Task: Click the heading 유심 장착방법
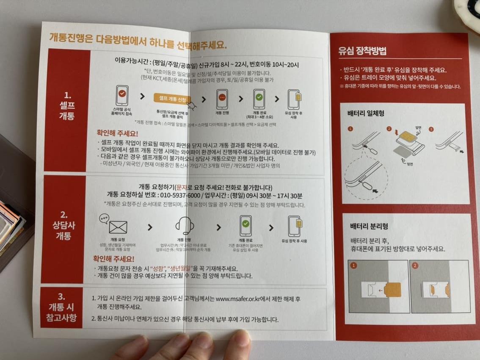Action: tap(362, 51)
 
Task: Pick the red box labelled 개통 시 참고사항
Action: tap(62, 307)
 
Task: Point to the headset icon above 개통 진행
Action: tap(185, 225)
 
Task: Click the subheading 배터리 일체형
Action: tap(366, 114)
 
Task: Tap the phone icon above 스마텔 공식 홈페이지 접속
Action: tap(122, 95)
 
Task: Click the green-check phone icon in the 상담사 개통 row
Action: tap(246, 226)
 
